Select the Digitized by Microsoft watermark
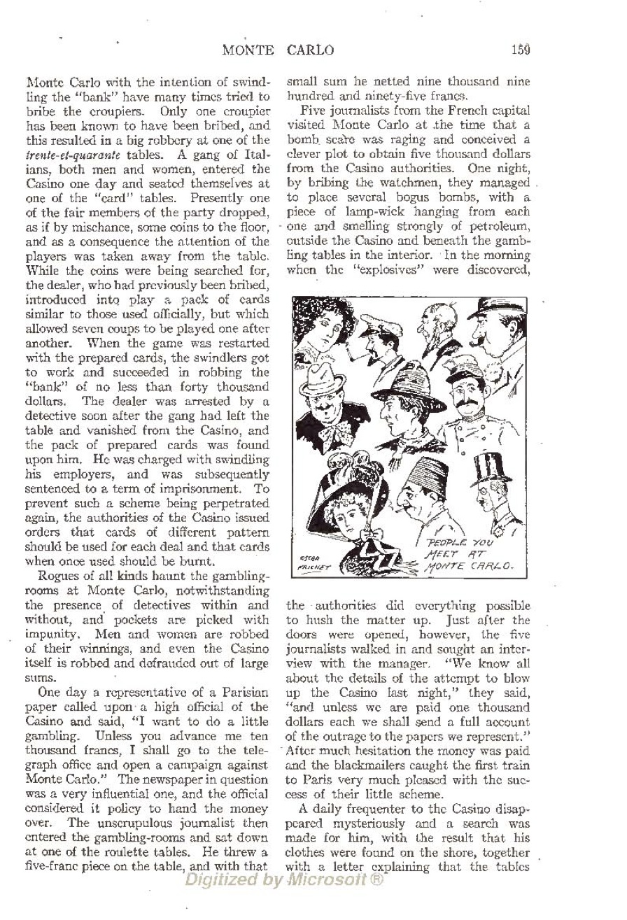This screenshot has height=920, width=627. pyautogui.click(x=283, y=880)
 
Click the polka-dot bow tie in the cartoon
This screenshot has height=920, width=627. pyautogui.click(x=341, y=424)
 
